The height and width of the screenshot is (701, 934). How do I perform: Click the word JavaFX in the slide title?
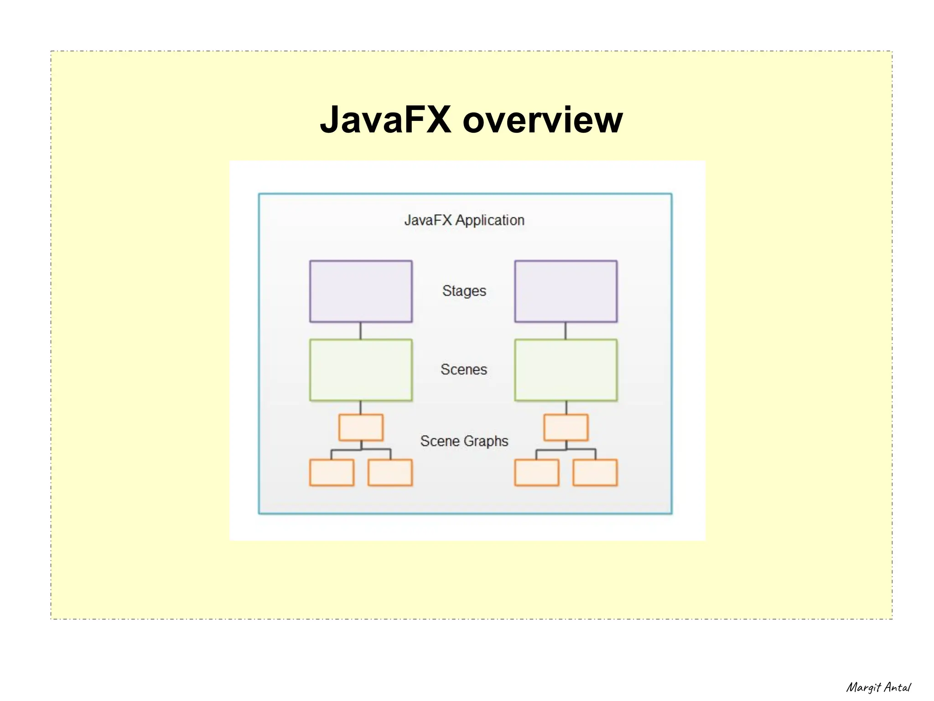click(385, 119)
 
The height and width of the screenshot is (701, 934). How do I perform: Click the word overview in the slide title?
click(542, 119)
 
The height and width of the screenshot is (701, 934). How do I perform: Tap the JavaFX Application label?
click(464, 220)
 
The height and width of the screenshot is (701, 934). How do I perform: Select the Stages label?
click(464, 291)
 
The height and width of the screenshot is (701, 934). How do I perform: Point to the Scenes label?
click(464, 369)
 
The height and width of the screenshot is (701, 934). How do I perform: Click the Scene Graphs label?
click(464, 441)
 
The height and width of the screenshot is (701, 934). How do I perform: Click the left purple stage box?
click(361, 291)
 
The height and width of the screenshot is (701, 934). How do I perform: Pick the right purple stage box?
click(566, 291)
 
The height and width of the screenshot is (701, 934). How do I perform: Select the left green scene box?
click(361, 370)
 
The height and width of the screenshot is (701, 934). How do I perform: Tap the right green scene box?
click(566, 370)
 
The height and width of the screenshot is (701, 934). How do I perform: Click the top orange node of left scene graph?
click(361, 427)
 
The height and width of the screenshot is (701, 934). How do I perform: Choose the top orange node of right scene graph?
click(566, 427)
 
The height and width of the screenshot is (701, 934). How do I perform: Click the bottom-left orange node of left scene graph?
click(332, 473)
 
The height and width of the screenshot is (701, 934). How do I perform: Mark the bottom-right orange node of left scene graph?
click(390, 473)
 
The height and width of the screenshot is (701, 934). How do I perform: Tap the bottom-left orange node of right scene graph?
click(536, 473)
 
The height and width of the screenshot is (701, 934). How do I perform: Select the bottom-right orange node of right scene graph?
click(595, 473)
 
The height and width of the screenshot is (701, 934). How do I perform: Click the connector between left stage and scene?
click(360, 331)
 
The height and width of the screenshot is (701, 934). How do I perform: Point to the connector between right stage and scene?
click(566, 331)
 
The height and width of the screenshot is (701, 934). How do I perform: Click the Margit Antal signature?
click(878, 687)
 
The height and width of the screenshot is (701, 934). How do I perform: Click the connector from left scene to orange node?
click(360, 408)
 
